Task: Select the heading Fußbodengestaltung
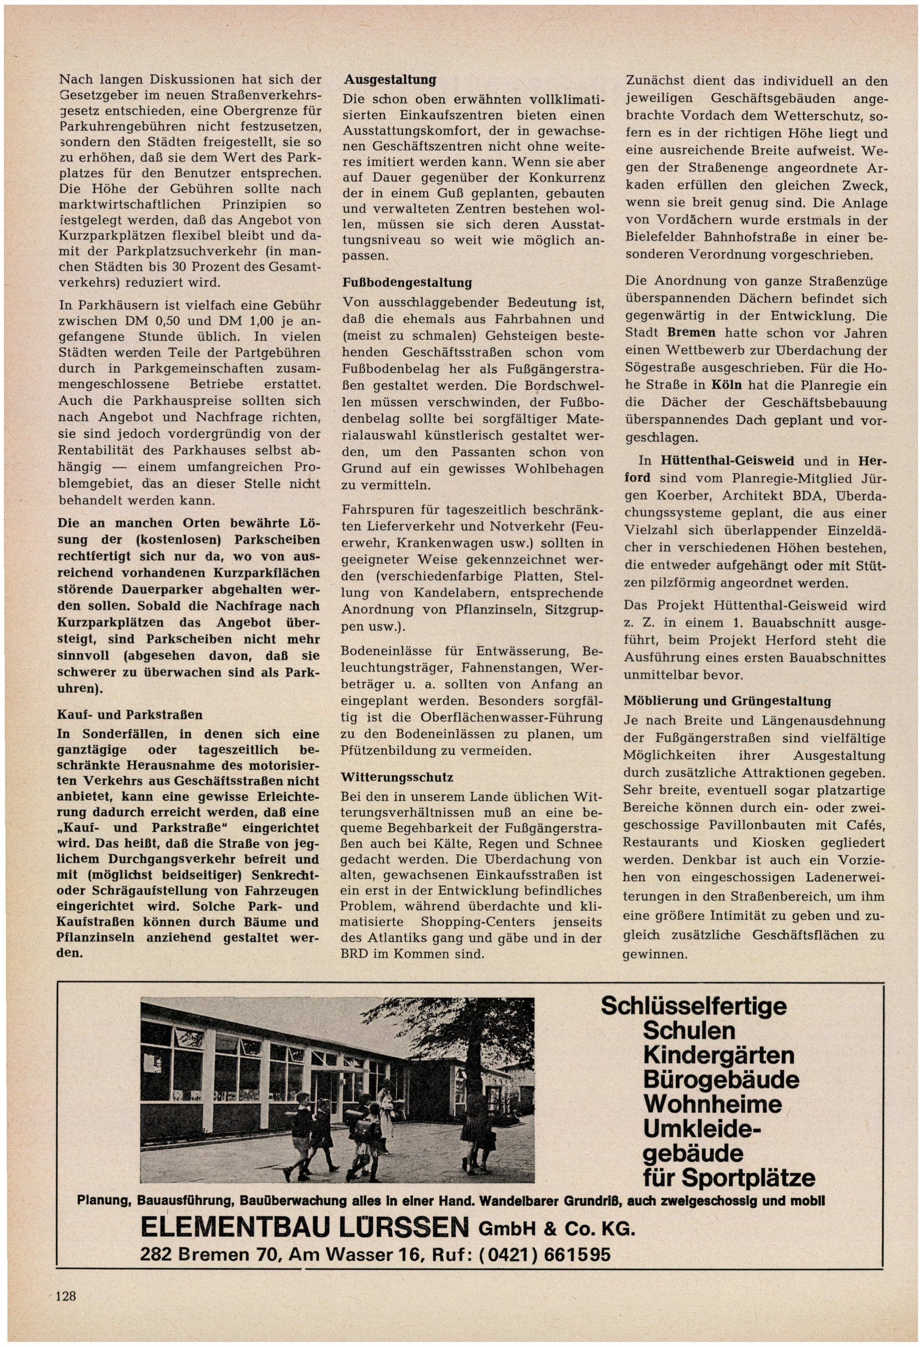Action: coord(407,283)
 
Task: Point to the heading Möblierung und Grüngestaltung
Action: coord(727,701)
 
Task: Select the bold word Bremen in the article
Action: coord(691,333)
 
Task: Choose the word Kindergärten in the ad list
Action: coord(718,1055)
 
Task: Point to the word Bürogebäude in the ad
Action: coord(721,1080)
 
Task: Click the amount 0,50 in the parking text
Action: coord(177,321)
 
